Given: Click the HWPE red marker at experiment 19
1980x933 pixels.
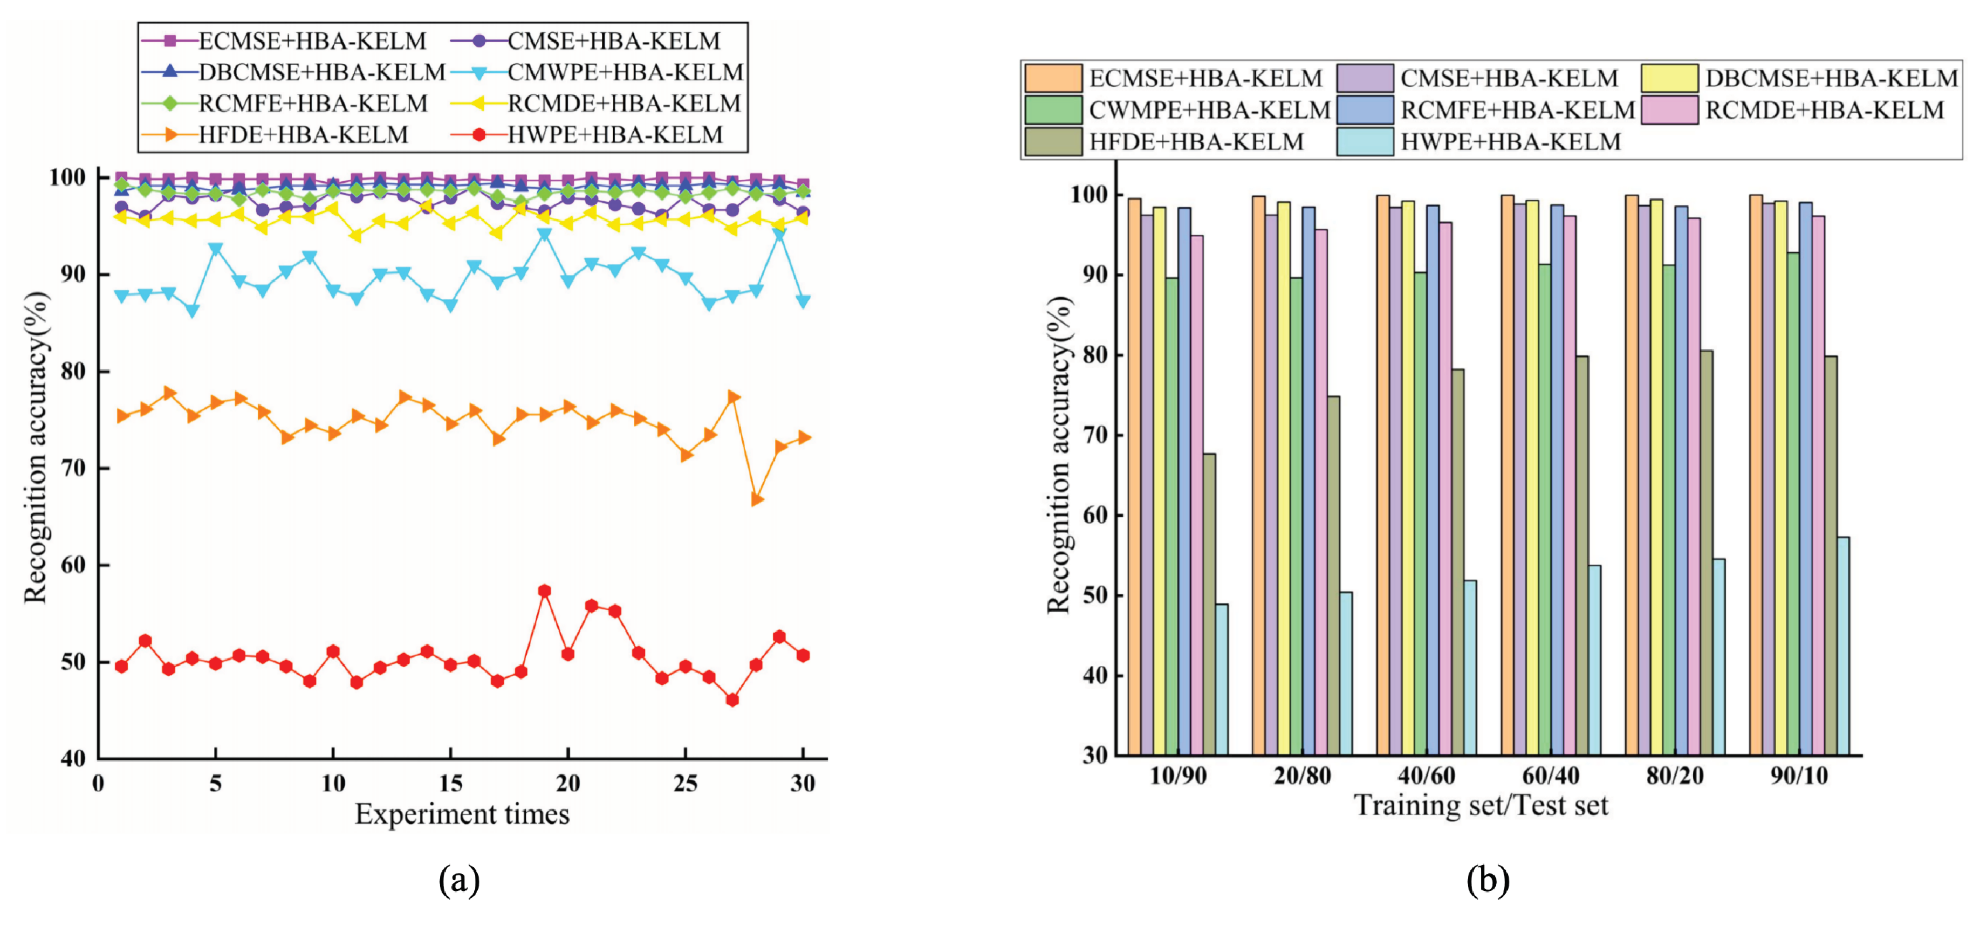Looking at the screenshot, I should click(545, 591).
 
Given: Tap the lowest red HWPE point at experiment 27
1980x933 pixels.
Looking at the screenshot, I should click(732, 700).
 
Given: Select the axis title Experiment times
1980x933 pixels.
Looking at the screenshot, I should click(462, 814).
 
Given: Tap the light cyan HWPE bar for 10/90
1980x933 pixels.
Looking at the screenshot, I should click(1221, 680).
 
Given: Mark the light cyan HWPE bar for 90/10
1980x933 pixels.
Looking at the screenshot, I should click(1843, 646).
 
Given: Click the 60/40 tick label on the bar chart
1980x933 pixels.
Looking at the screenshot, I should click(1550, 776).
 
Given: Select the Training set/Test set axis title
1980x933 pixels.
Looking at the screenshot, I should click(1481, 805).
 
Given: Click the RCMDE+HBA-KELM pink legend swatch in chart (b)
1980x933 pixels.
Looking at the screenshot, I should click(1669, 110).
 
